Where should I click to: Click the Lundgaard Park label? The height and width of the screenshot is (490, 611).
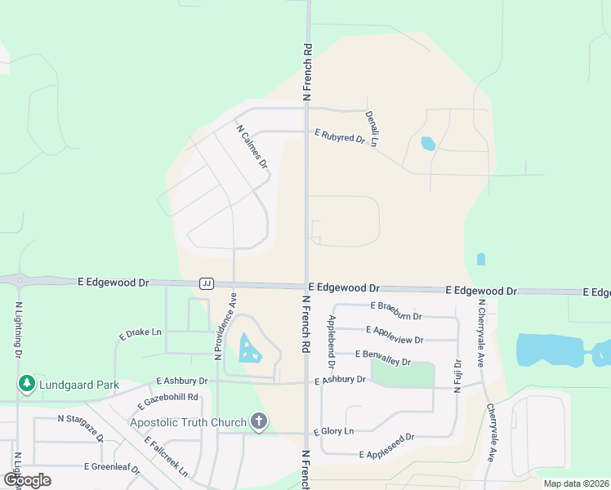point(78,385)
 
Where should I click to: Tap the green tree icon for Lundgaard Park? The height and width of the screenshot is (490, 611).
point(27,384)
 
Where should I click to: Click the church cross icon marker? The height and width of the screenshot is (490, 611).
point(259,422)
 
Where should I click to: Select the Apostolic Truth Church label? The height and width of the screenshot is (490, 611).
point(189,422)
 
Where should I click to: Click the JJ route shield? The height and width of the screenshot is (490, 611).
point(206,283)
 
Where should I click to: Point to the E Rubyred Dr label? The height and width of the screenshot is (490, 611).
point(340,136)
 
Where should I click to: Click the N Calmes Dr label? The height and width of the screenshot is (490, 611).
point(252,146)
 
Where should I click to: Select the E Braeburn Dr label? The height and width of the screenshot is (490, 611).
point(396,310)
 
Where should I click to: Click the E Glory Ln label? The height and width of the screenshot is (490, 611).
point(334,430)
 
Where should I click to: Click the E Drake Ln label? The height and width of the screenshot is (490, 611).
point(140,333)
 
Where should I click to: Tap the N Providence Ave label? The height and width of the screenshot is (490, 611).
point(225,326)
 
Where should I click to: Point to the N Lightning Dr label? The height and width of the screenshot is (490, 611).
point(18,328)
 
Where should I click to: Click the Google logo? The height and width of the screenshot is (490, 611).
point(27,480)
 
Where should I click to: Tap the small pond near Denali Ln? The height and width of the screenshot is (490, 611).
point(428,144)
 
